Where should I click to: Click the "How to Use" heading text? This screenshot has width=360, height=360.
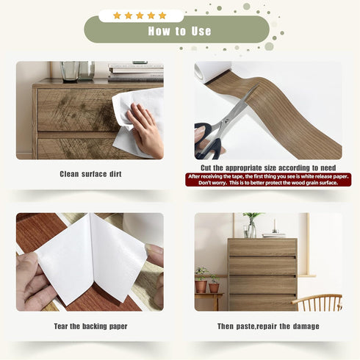179,31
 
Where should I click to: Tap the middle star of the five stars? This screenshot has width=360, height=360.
140,15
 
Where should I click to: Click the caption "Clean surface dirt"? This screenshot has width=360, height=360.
90,174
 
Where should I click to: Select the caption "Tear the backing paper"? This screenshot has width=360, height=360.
90,326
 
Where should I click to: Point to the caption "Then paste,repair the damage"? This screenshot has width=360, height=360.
268,326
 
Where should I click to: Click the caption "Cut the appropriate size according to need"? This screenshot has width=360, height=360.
268,168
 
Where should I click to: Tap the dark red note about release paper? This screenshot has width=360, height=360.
268,180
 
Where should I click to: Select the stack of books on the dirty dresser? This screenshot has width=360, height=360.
136,72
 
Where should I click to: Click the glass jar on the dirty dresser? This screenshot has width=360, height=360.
70,71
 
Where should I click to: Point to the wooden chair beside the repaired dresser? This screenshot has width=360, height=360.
317,303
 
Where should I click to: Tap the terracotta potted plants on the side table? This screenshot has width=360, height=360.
207,281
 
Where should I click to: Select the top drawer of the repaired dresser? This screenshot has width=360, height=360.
262,248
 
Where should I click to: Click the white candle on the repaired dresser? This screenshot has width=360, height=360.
275,225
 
